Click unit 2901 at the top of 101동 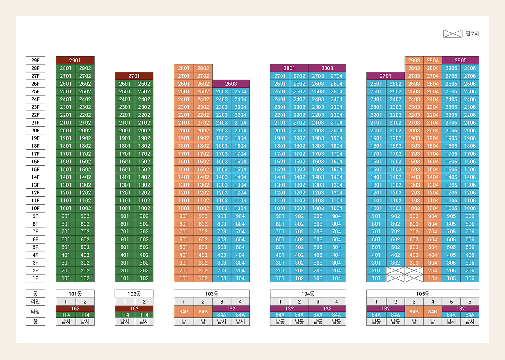tap(75, 60)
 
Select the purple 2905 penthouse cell tap(460, 60)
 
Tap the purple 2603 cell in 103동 tap(231, 84)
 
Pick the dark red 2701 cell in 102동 tap(134, 76)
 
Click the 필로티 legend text tap(472, 34)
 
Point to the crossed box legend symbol tap(453, 34)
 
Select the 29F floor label tap(36, 60)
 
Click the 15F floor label tap(36, 169)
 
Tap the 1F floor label tap(36, 278)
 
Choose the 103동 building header tap(212, 294)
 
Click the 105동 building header tap(423, 294)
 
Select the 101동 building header tap(75, 294)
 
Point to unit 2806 tap(470, 68)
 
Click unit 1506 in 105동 tap(470, 169)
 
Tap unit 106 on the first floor tap(470, 278)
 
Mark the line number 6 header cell tap(470, 302)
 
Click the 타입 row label tap(36, 312)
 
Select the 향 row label tap(36, 321)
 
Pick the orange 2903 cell tap(414, 60)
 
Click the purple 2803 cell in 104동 tap(327, 68)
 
